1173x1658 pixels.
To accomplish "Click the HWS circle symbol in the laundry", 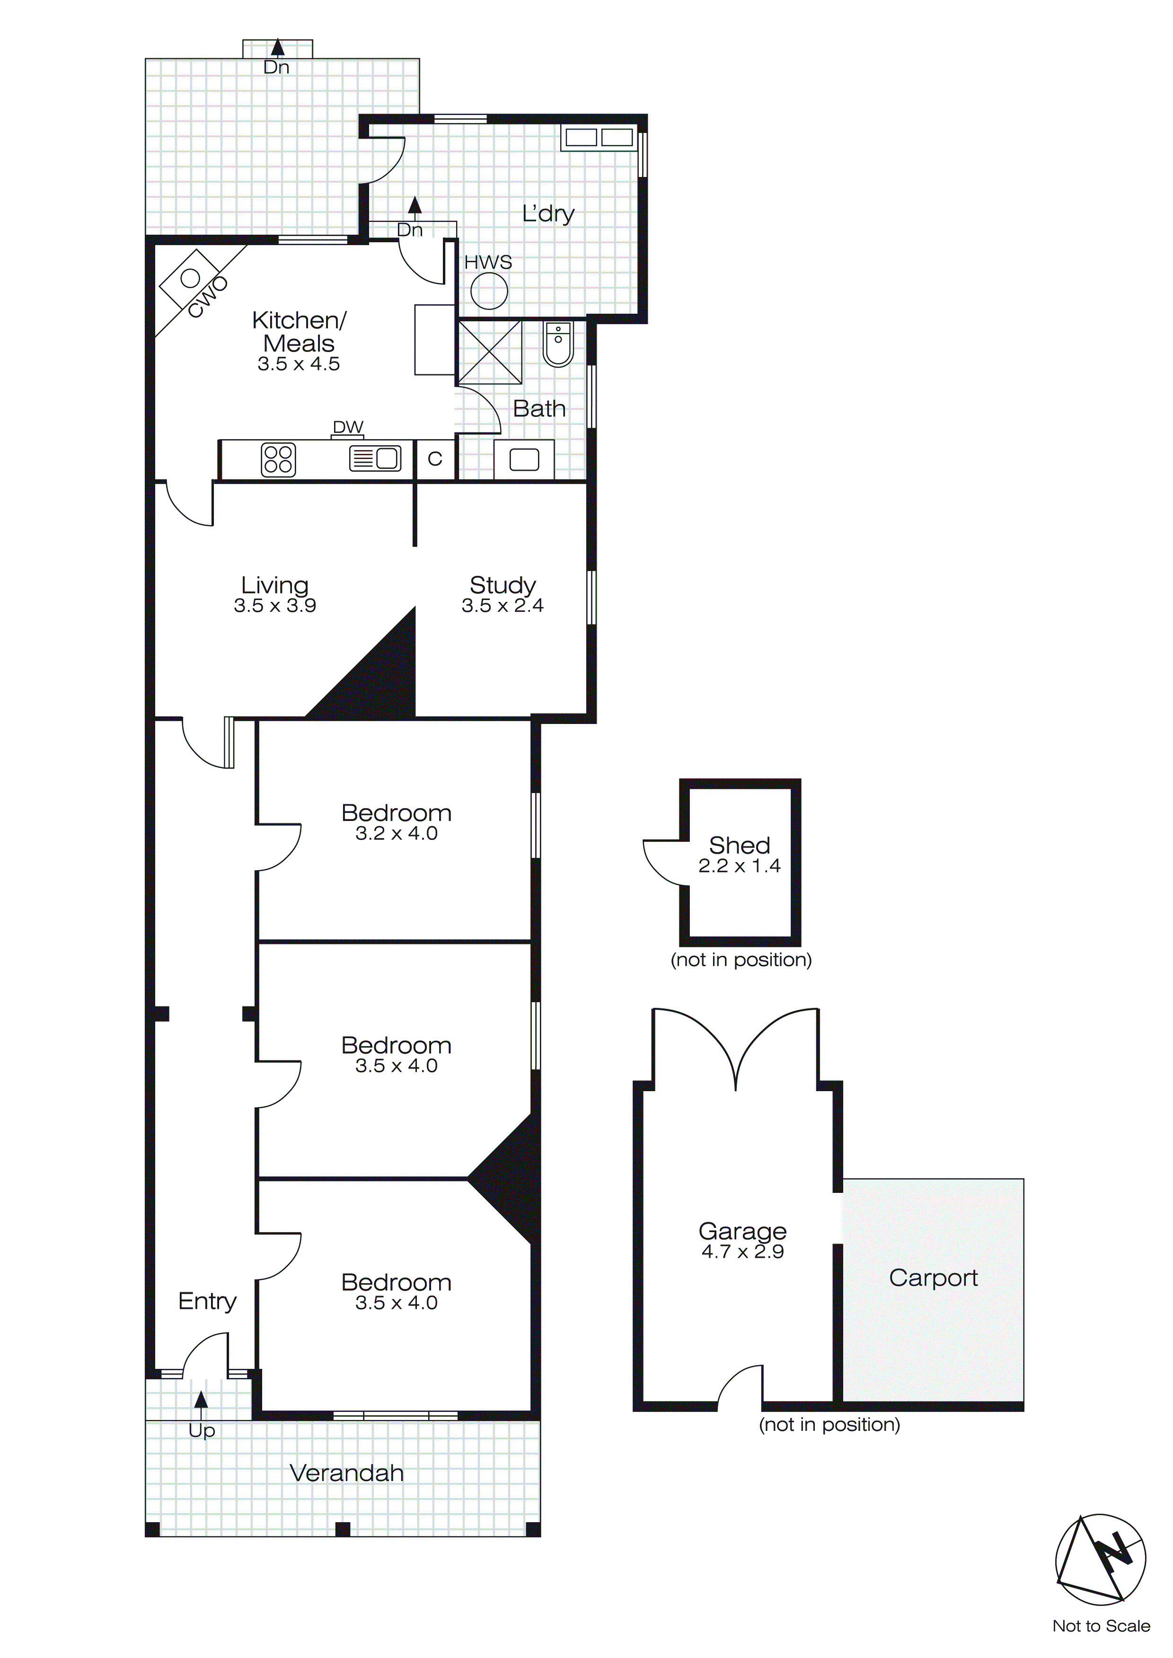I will [489, 292].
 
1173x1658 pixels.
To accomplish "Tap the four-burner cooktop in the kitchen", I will [278, 459].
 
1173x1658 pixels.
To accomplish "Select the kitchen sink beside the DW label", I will [375, 459].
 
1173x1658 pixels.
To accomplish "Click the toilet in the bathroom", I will [558, 344].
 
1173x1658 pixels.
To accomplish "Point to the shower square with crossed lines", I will [490, 352].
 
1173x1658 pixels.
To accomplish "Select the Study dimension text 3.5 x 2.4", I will [503, 606].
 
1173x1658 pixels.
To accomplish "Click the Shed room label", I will [739, 845].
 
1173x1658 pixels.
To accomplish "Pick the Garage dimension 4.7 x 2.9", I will [742, 1252].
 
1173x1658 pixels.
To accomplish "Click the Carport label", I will [933, 1278].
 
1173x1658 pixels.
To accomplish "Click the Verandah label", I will [347, 1473].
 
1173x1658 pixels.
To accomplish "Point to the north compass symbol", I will [1100, 1558].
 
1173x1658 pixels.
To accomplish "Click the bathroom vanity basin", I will [524, 459].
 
